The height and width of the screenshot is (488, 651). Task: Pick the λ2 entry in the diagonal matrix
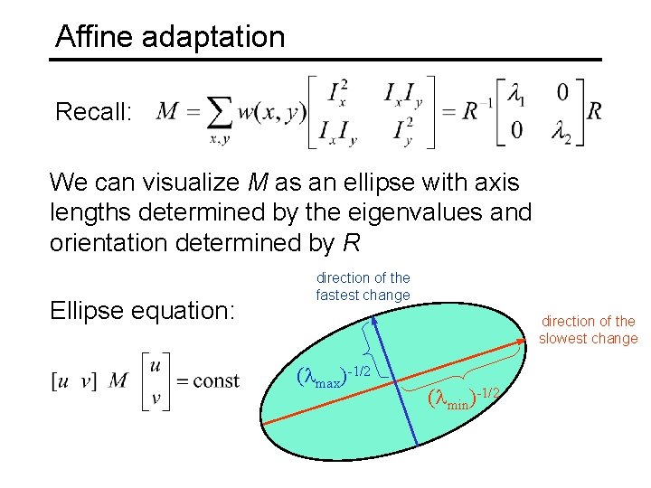(561, 132)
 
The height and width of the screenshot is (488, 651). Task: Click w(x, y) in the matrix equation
(272, 112)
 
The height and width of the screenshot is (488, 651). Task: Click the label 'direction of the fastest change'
(363, 286)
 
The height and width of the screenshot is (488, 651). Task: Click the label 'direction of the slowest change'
(588, 330)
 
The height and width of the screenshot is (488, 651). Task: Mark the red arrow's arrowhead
(523, 342)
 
